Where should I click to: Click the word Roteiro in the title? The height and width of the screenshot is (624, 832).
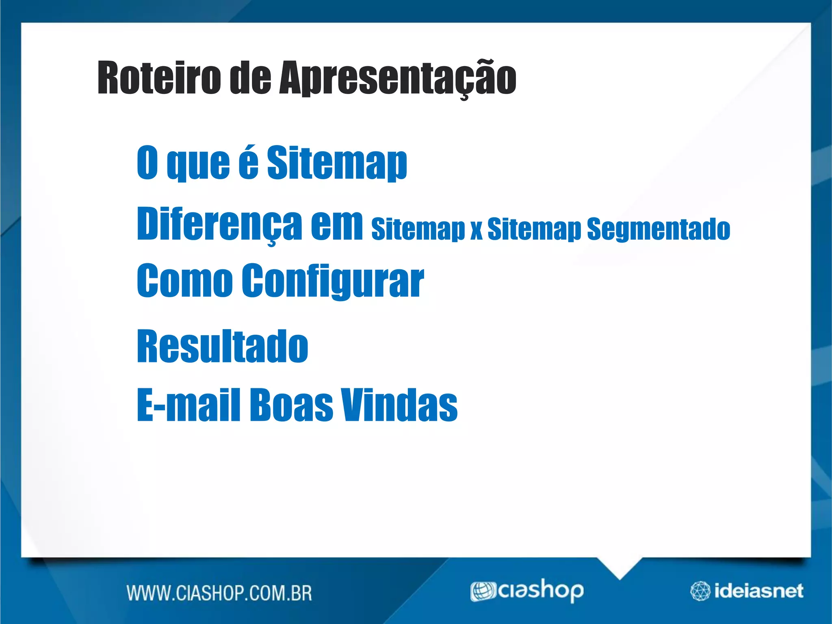coord(159,78)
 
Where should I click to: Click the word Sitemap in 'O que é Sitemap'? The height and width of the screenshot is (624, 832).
coord(337,163)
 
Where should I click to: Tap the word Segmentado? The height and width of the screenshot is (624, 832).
coord(659,230)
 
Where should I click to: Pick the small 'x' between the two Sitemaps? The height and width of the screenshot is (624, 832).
coord(476,231)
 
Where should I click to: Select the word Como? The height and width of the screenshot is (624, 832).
coord(185,280)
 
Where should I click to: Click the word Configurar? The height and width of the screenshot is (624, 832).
coord(333,281)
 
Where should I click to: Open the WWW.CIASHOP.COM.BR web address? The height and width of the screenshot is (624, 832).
coord(219,593)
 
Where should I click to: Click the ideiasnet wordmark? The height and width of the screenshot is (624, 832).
coord(758,591)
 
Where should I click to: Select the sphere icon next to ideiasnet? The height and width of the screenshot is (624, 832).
coord(700,591)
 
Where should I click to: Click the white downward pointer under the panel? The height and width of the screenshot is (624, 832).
coord(619,567)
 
